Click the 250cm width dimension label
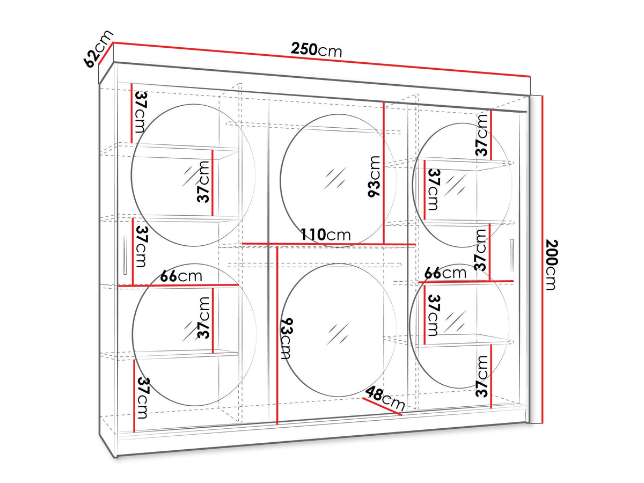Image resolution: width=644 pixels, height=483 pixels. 316,50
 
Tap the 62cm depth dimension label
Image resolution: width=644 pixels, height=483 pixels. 98,49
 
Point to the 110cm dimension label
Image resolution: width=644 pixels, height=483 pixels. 326,235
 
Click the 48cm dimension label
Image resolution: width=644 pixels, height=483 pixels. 385,398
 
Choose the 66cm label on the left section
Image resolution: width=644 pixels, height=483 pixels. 181,276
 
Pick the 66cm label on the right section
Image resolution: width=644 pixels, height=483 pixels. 445,273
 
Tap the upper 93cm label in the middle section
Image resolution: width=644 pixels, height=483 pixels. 374,177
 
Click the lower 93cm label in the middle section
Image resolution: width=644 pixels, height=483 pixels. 288,339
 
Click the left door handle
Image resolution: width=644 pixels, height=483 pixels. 125,254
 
